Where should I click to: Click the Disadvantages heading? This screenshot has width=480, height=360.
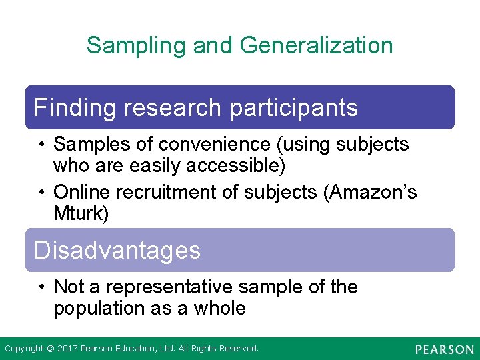(x=117, y=250)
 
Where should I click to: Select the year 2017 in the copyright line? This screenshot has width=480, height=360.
(x=67, y=348)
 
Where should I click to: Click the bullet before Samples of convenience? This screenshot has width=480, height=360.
(x=41, y=144)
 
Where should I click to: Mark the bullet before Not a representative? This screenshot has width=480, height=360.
(x=41, y=287)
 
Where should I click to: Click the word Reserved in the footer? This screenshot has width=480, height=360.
(x=238, y=348)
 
